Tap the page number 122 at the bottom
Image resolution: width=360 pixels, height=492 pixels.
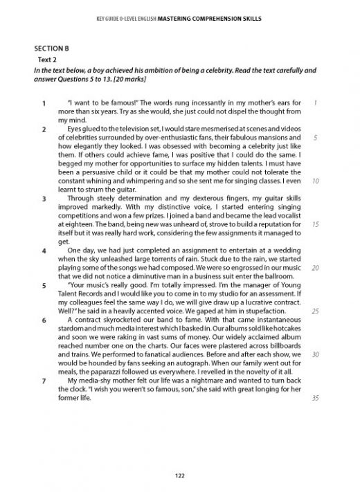point(180,473)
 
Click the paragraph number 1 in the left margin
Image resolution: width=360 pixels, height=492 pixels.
point(44,104)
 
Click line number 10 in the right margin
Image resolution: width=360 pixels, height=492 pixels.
point(315,181)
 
